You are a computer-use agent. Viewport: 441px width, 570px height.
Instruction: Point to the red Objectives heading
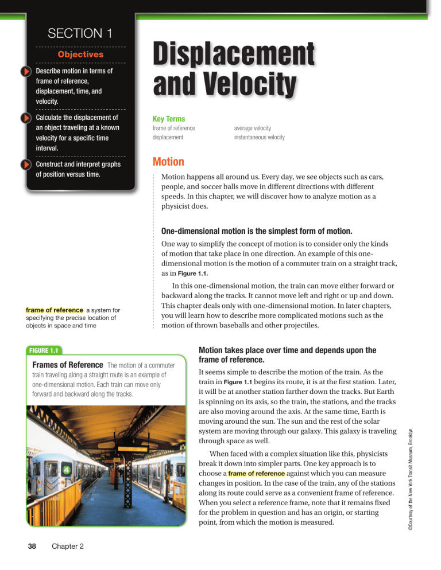tap(80, 54)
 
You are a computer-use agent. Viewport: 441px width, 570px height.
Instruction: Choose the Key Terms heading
tap(168, 118)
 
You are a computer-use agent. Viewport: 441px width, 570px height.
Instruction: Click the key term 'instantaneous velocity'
tap(259, 138)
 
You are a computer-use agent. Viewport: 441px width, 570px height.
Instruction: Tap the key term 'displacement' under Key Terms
tap(168, 138)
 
